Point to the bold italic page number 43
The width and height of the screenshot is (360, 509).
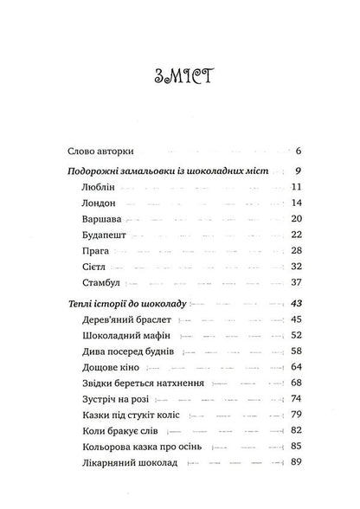pos(293,304)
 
